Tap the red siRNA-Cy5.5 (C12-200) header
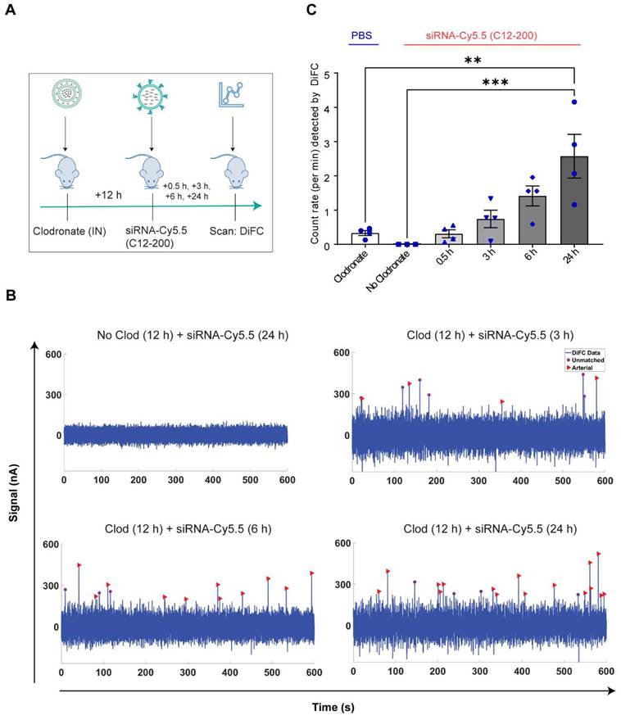click(492, 36)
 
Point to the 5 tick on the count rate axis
click(325, 74)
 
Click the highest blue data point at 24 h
click(575, 102)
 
